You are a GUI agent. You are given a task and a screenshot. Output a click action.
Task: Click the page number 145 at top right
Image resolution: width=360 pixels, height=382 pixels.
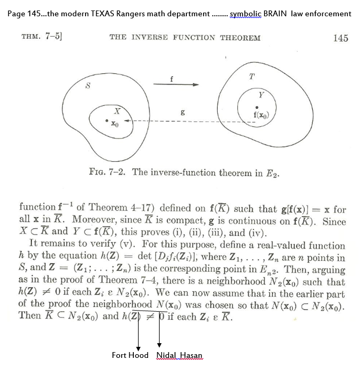(340, 38)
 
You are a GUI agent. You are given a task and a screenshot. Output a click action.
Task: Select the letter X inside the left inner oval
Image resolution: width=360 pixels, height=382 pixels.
(118, 111)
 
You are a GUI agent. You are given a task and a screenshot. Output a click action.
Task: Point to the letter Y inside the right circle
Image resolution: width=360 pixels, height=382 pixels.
(260, 95)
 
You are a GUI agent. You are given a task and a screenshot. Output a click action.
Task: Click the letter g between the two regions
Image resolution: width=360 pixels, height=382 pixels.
(182, 112)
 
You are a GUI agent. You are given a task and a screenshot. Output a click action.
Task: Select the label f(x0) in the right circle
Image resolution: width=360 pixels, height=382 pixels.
(262, 115)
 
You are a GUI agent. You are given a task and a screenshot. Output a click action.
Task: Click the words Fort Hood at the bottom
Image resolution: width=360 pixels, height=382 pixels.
(130, 355)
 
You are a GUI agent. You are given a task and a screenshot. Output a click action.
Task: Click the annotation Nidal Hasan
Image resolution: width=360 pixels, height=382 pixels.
(179, 355)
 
